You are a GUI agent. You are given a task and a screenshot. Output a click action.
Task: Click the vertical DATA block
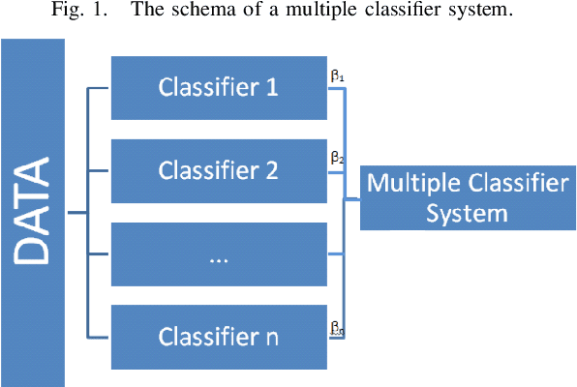coord(32,213)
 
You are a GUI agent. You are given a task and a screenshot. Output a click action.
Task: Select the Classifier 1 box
coord(220,87)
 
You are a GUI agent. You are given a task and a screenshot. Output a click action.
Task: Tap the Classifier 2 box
coord(220,170)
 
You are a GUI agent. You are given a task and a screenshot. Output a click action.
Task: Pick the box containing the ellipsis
coord(220,253)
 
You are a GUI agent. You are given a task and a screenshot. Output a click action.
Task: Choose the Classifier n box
coord(220,337)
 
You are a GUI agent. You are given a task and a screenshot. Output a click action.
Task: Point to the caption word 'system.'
coord(478,12)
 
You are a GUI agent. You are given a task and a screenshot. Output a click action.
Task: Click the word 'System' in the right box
coord(464,212)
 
